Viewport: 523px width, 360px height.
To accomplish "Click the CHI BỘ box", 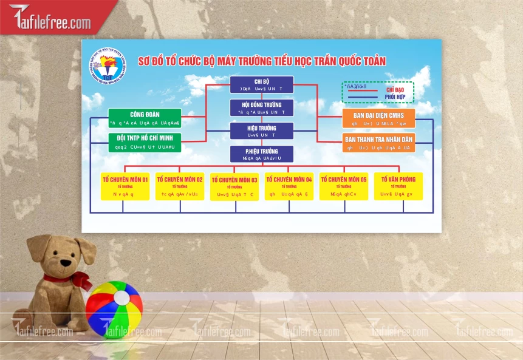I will [x=261, y=84].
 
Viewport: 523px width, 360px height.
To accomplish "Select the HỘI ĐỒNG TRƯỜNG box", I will [x=261, y=107].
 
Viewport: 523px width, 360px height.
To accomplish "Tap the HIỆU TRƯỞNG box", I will [x=261, y=131].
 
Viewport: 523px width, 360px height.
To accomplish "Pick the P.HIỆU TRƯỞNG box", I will [x=261, y=154].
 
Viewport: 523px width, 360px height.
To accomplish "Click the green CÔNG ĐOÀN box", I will [x=145, y=118].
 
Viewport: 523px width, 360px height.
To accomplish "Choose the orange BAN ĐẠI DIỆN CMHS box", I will [x=378, y=118].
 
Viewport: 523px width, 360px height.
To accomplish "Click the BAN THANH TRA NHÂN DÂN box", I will [x=378, y=143].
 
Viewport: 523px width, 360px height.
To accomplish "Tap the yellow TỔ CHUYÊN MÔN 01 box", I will [x=125, y=186].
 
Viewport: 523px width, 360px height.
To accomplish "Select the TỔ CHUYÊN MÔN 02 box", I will [x=180, y=186].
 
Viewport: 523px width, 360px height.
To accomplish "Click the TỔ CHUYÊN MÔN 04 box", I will [x=289, y=186].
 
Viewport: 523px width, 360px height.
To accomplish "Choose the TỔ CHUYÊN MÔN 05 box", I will [x=344, y=186].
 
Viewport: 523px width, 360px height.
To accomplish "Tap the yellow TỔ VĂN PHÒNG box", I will [x=398, y=186].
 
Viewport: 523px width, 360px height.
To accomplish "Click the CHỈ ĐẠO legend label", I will [x=395, y=90].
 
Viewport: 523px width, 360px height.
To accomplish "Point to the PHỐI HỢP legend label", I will [x=395, y=97].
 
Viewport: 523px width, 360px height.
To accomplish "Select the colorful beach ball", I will [x=114, y=308].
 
